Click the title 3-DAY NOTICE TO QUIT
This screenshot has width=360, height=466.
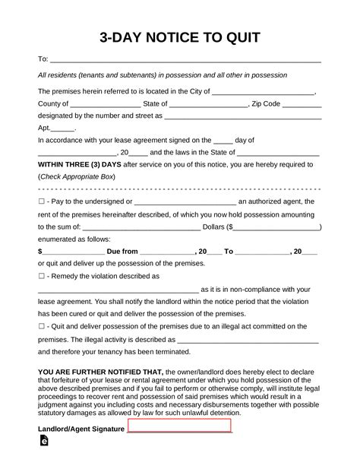tap(179, 37)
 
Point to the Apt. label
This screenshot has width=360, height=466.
tap(46, 128)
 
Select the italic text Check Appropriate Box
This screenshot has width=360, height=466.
tap(77, 176)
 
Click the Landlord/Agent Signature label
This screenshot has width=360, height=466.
tap(81, 429)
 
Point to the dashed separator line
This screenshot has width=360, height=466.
tap(179, 189)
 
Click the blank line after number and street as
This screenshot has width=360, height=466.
tap(243, 116)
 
